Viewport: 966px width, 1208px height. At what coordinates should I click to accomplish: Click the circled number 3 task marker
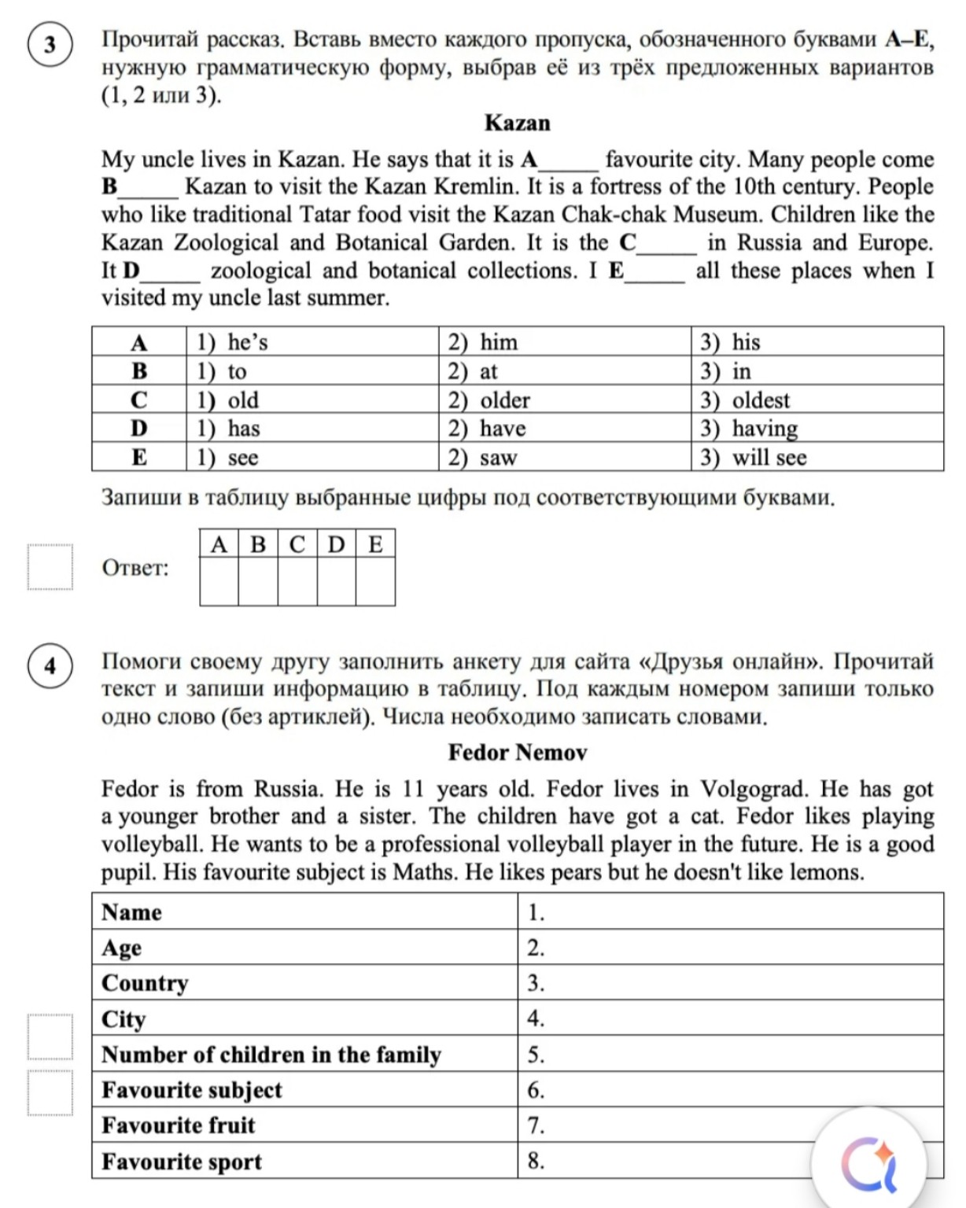click(50, 45)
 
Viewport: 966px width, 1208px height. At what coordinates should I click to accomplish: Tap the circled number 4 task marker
click(50, 666)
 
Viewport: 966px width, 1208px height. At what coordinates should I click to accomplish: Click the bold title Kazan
click(517, 123)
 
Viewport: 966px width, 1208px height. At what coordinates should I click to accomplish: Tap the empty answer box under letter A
click(219, 582)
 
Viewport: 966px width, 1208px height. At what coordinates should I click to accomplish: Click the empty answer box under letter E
click(375, 582)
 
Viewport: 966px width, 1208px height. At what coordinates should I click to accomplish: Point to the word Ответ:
click(135, 568)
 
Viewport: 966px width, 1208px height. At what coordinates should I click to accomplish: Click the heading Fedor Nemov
click(517, 753)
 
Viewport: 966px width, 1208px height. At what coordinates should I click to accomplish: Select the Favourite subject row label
click(192, 1090)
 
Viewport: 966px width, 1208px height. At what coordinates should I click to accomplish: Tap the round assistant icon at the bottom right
click(868, 1162)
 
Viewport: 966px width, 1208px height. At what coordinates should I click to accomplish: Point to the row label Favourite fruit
click(179, 1125)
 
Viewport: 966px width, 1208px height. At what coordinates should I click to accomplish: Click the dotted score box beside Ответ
click(50, 567)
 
